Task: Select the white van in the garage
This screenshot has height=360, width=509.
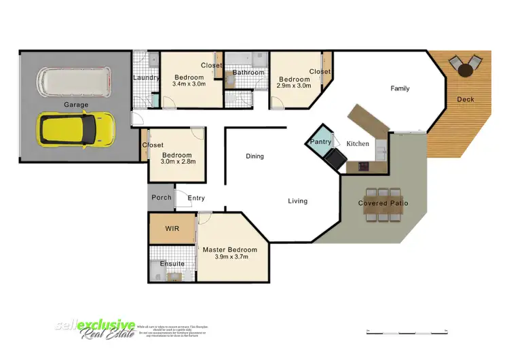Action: pyautogui.click(x=73, y=82)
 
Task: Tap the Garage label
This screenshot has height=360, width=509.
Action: pyautogui.click(x=77, y=105)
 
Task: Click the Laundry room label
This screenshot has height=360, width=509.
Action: pyautogui.click(x=146, y=78)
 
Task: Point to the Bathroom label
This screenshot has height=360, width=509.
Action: pyautogui.click(x=248, y=73)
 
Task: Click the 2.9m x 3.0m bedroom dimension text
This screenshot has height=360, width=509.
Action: pyautogui.click(x=294, y=86)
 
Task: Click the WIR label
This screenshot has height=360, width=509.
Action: pyautogui.click(x=172, y=230)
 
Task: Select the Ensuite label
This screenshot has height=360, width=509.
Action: pyautogui.click(x=172, y=264)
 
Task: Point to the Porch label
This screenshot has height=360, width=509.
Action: pyautogui.click(x=162, y=198)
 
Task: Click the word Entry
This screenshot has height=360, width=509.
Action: pyautogui.click(x=196, y=198)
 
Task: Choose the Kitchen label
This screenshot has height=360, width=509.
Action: pyautogui.click(x=358, y=144)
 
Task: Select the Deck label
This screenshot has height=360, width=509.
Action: pyautogui.click(x=466, y=99)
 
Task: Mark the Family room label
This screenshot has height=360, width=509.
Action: pyautogui.click(x=400, y=88)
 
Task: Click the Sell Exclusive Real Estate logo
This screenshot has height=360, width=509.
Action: pyautogui.click(x=95, y=330)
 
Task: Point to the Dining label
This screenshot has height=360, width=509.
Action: pyautogui.click(x=254, y=156)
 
